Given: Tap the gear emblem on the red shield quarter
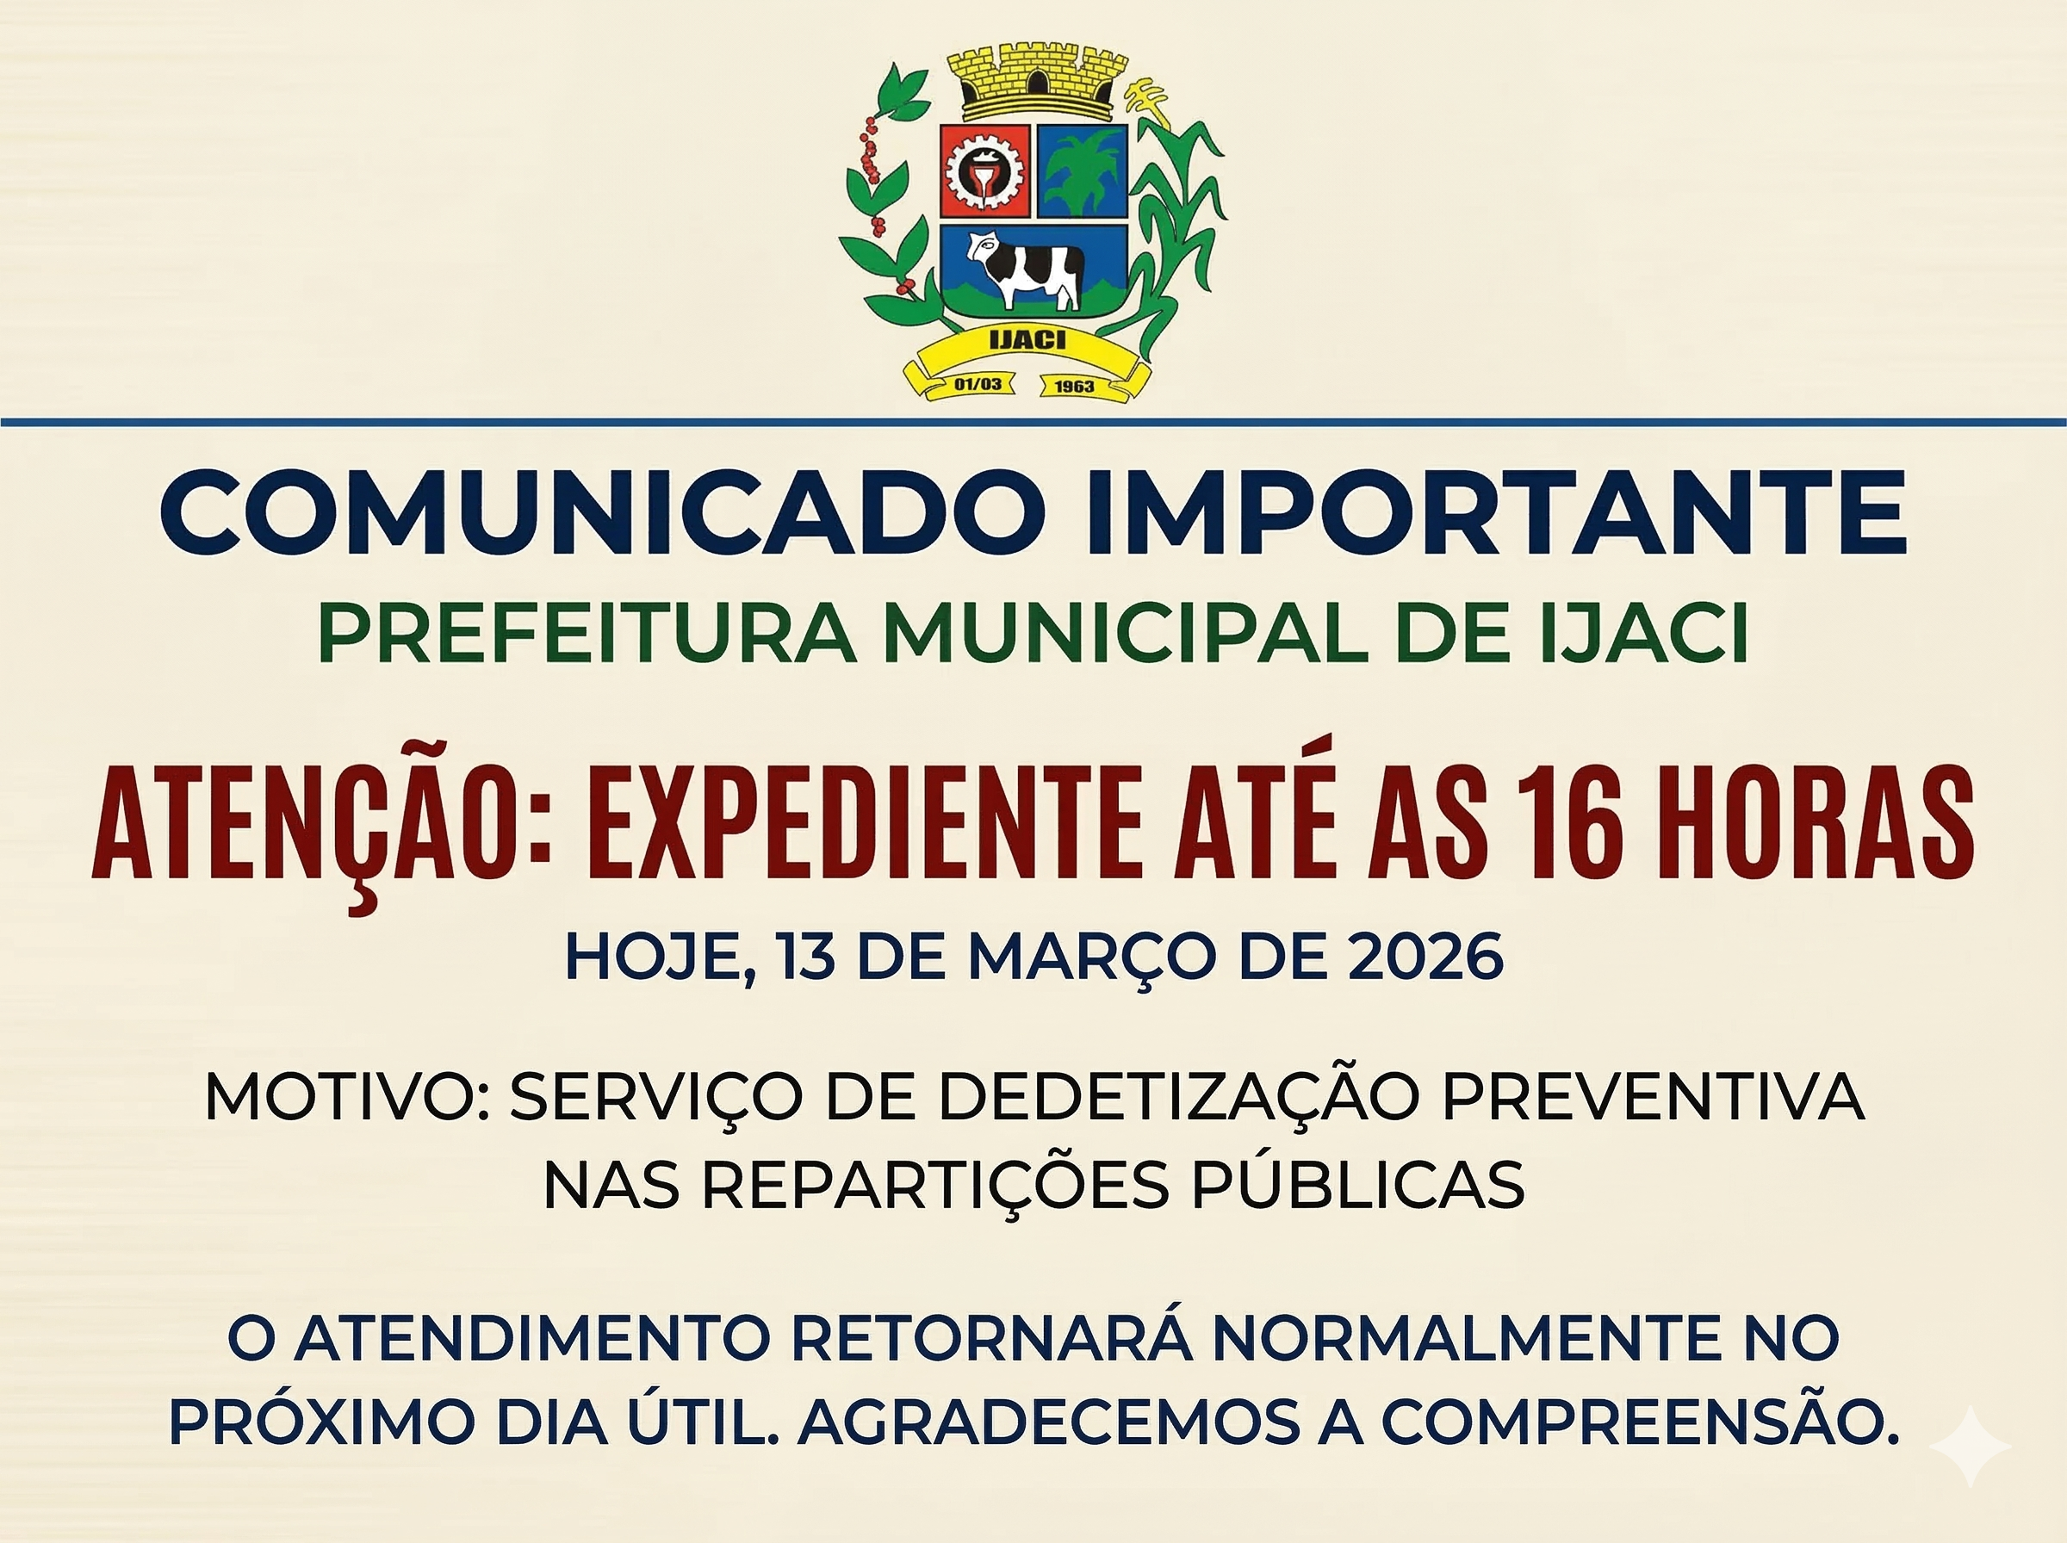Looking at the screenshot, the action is click(x=984, y=172).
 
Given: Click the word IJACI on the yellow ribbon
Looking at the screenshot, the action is click(x=1027, y=340).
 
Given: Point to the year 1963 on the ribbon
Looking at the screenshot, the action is click(x=1073, y=386).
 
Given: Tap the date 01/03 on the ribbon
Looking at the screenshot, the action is click(x=977, y=384).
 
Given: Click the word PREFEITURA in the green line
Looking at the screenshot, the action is click(x=587, y=635).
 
